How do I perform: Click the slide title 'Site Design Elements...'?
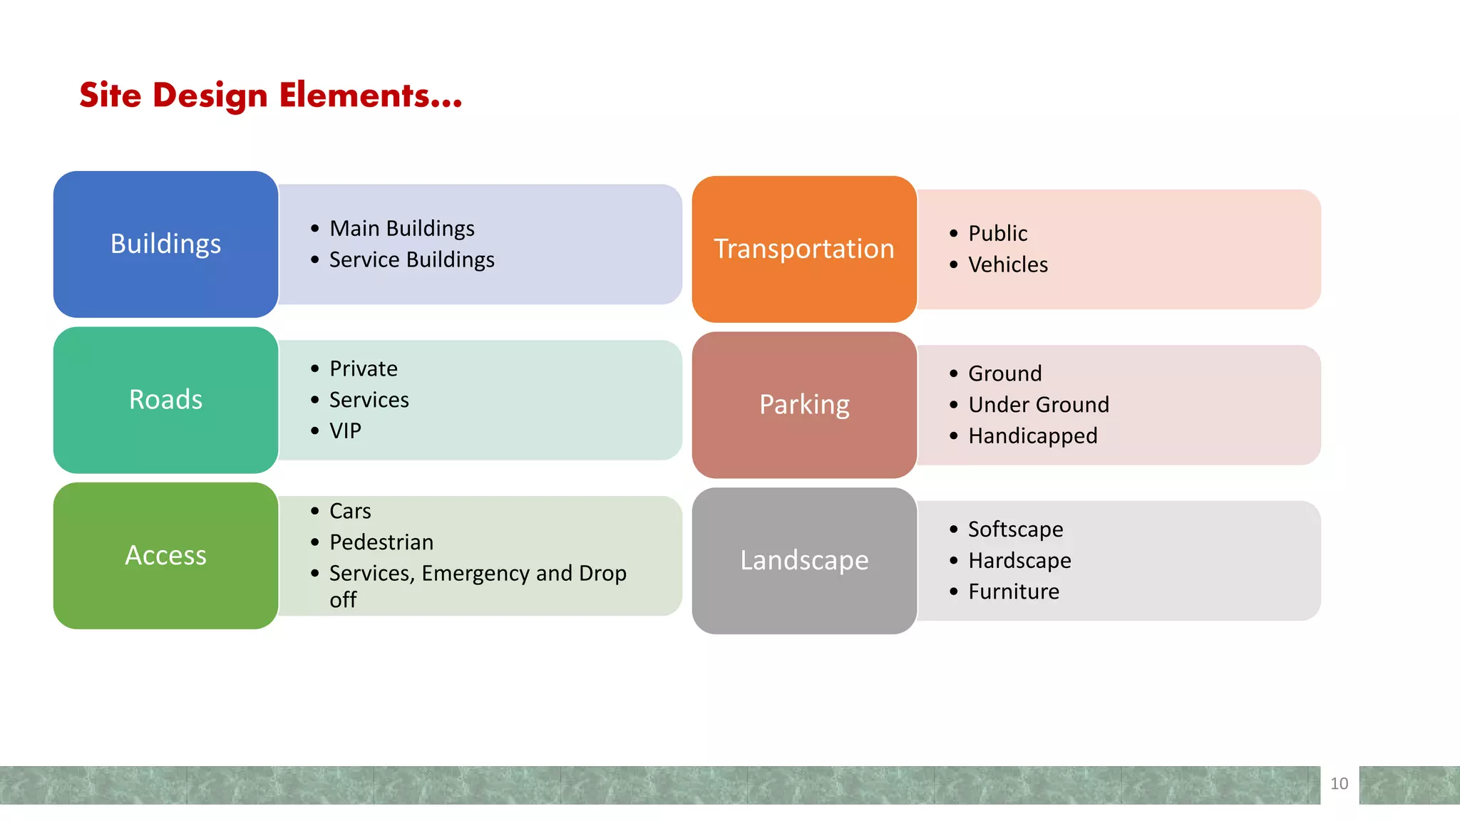(x=270, y=95)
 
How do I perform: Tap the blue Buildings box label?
(x=165, y=244)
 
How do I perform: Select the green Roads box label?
(x=165, y=400)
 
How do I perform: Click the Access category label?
(x=165, y=555)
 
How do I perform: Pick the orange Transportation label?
(x=804, y=249)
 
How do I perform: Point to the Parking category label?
(x=804, y=405)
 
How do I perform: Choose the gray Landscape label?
(x=804, y=560)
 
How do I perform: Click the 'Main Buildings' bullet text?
(x=402, y=229)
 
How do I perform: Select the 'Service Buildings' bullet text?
(x=411, y=260)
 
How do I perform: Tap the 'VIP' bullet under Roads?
(x=345, y=431)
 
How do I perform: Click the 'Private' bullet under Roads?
(x=364, y=369)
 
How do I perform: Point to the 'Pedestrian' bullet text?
(x=381, y=542)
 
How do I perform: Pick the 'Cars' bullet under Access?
(x=350, y=511)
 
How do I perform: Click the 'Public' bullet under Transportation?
(x=997, y=234)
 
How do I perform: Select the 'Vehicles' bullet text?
(x=1008, y=265)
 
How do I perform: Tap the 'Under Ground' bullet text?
(x=1039, y=405)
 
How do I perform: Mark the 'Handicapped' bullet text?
(x=1032, y=436)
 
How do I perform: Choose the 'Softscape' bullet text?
(x=1015, y=530)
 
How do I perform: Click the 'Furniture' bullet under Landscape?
(x=1014, y=592)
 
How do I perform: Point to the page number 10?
(x=1339, y=784)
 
